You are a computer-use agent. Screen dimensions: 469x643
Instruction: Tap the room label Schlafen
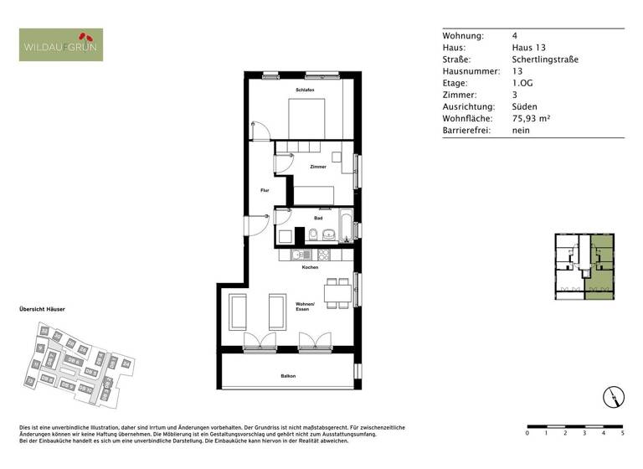304,90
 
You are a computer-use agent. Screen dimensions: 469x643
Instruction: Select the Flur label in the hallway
264,191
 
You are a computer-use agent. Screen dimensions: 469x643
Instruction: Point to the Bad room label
318,218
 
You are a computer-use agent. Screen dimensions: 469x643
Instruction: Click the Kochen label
310,267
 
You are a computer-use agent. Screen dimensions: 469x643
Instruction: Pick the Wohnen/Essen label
304,307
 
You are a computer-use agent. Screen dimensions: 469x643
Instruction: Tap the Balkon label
288,376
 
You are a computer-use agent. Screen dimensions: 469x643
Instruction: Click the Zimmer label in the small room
318,167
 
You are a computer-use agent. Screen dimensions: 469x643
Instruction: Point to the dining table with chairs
337,292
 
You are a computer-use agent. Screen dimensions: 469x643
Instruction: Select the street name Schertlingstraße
545,59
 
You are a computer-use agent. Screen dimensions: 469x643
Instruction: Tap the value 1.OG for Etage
522,84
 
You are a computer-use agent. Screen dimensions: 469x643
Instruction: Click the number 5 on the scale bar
621,434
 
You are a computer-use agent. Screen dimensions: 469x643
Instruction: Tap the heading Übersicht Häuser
42,309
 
